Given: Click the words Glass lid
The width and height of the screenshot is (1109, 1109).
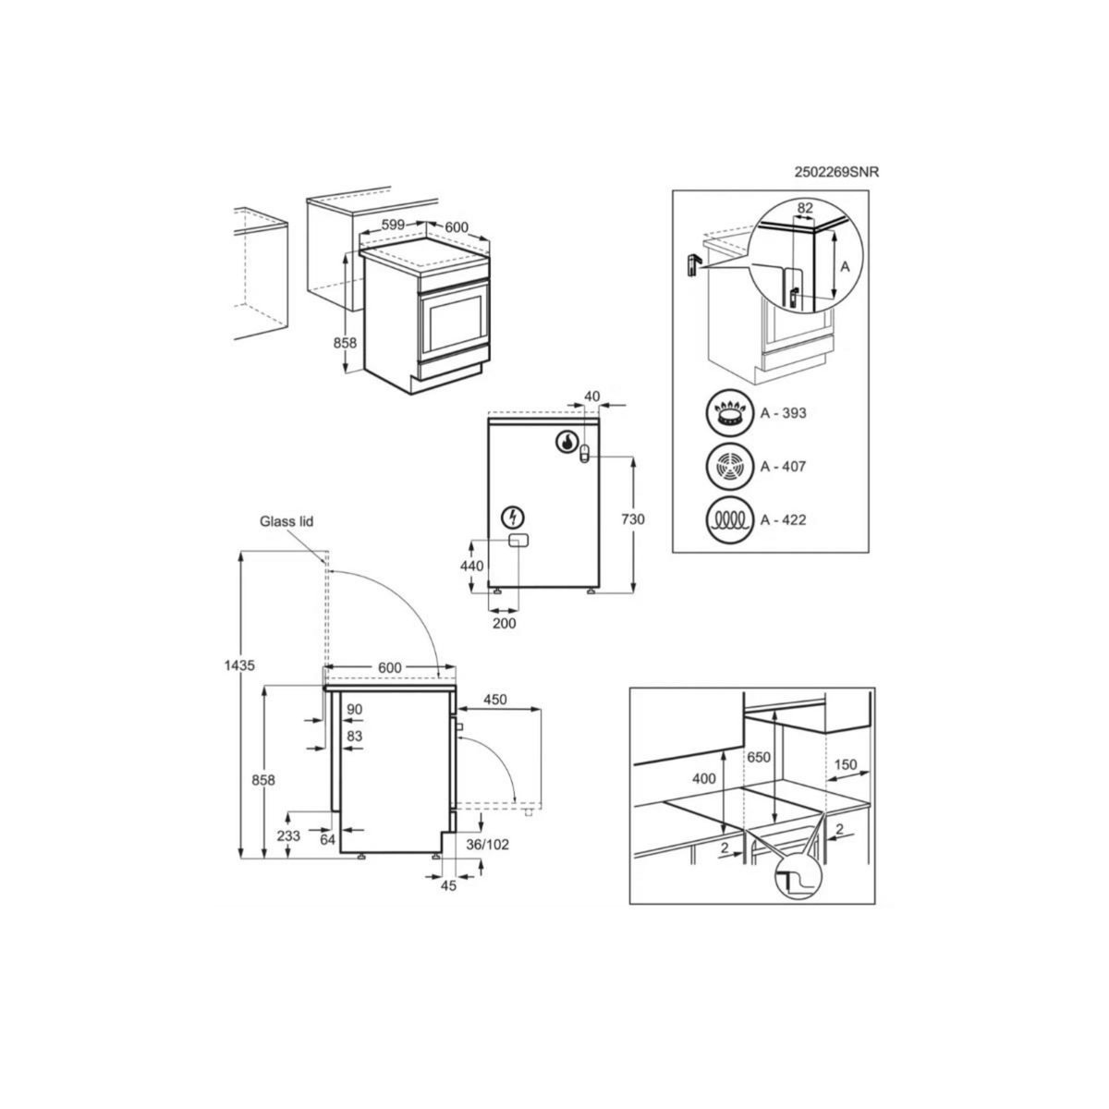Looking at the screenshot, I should coord(286,522).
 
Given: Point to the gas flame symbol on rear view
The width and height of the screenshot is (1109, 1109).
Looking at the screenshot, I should coord(566,442).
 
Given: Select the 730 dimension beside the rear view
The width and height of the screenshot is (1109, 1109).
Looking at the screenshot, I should coord(633,520).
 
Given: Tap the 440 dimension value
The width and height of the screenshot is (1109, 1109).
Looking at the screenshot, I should coord(472,566).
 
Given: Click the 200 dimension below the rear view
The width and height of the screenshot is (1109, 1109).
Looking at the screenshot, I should coord(504,624).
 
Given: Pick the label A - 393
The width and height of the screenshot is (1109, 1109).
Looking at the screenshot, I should coord(783,413).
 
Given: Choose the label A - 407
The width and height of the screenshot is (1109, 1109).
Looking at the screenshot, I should coord(783,467).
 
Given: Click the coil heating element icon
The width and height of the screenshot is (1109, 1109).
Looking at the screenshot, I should coord(729,519).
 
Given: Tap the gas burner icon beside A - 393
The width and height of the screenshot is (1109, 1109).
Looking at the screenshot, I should coord(729,413).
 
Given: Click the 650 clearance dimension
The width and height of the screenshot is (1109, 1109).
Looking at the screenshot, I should coord(758,758).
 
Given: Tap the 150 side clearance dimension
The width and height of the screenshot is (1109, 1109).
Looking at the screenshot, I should coord(845,765).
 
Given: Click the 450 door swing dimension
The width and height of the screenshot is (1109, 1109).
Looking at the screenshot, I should coord(495,700).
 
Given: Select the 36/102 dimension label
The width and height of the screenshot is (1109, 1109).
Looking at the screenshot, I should coord(488,845).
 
